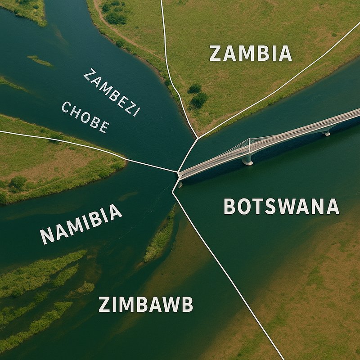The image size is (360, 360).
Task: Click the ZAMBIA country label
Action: pos(251,54)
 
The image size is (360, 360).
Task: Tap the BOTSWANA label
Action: pos(281,207)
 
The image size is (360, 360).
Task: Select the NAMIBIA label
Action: pos(81,224)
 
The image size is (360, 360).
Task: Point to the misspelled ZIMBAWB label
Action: pos(146,305)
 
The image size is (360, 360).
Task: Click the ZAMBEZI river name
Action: pos(112,92)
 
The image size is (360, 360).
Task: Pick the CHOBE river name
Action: pos(85,117)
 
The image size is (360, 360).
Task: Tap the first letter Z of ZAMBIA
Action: pos(216,54)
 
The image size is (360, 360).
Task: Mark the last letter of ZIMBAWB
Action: pos(187,305)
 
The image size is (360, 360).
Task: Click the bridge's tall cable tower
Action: pos(249,146)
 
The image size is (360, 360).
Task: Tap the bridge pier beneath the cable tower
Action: pos(247,159)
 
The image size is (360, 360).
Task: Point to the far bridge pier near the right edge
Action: pos(326,132)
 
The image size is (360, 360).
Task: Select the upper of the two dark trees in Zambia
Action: pos(195,88)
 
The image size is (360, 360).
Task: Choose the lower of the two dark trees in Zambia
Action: pos(199,99)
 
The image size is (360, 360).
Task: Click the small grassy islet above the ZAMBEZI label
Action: pos(40,60)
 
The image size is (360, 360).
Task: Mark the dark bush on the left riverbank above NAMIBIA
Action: pos(18,183)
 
